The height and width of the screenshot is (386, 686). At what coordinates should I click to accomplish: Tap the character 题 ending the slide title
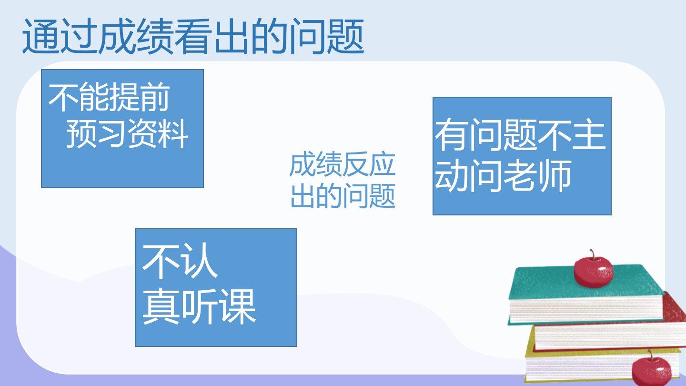tap(345, 36)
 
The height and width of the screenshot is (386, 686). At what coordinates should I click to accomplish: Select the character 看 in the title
tap(193, 36)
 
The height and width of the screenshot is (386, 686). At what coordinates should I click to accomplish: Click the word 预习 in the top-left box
tap(96, 133)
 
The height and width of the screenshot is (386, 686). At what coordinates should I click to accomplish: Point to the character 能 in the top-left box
tap(94, 97)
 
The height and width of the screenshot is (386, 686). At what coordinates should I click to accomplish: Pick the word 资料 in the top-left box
tap(158, 133)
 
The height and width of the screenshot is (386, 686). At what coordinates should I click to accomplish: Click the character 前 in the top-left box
tap(155, 97)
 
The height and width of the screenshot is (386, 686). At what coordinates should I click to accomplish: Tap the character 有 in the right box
tap(452, 135)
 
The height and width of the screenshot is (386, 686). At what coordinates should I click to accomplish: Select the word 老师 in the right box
tap(537, 176)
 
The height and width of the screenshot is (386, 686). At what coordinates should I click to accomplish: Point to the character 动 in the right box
tap(452, 176)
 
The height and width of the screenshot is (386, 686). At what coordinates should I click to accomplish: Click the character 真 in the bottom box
tap(161, 306)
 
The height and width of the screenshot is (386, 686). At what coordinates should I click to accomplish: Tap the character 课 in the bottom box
tap(238, 306)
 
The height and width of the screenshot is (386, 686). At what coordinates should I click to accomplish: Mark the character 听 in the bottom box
tap(199, 306)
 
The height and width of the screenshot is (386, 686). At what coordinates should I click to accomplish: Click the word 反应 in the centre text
tap(369, 165)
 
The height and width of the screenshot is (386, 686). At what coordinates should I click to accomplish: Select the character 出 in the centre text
tap(303, 195)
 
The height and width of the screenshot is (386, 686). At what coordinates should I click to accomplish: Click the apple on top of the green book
tap(594, 270)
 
